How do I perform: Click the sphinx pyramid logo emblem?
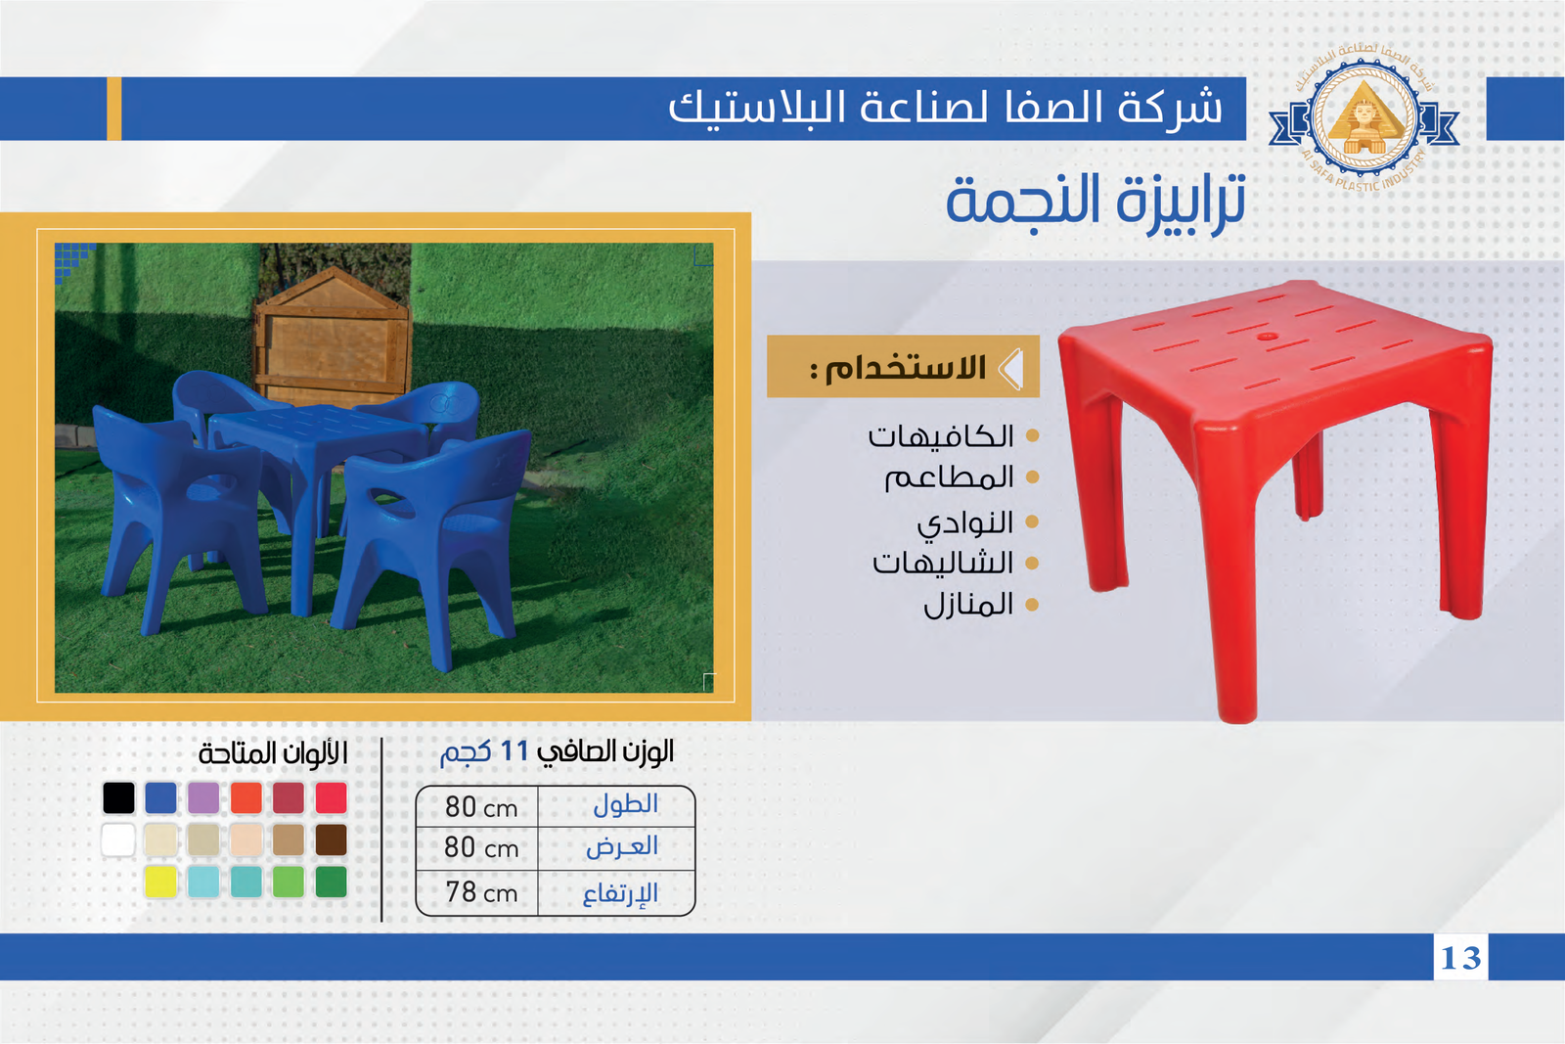pos(1364,116)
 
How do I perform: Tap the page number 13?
pos(1461,957)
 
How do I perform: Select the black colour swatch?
pos(118,798)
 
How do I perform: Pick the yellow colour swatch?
pos(160,882)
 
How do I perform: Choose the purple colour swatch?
pos(203,798)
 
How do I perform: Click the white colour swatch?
pos(118,840)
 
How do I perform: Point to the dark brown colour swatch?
pos(332,840)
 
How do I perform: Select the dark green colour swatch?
pos(332,882)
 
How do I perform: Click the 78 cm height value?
pos(481,892)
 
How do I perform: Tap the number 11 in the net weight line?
pos(514,751)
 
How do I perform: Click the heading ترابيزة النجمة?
pos(1095,202)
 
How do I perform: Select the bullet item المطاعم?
pos(949,478)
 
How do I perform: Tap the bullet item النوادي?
pos(964,522)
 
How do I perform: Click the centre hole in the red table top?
pos(1266,337)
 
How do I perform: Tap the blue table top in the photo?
pos(318,427)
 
